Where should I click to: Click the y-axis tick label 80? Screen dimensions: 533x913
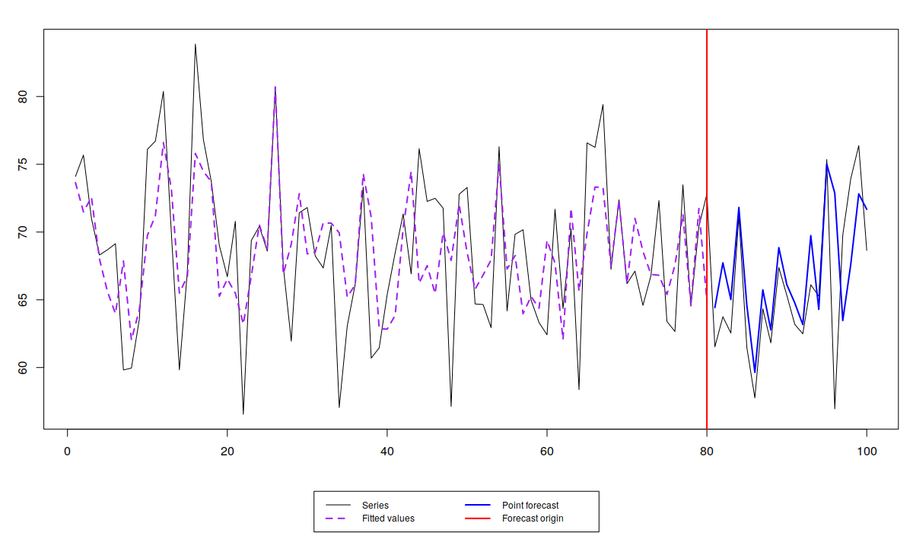click(x=22, y=97)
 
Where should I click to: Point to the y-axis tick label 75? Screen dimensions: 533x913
click(x=22, y=164)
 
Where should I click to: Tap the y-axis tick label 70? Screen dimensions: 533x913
click(x=22, y=232)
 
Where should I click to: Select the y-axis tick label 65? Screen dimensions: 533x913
click(x=22, y=300)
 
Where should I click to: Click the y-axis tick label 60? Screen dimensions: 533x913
click(x=22, y=368)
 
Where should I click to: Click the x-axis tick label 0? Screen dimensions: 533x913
click(x=67, y=452)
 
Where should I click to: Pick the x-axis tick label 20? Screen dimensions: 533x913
click(x=227, y=452)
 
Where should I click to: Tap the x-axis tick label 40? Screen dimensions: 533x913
click(x=387, y=452)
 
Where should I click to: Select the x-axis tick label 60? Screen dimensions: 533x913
click(x=547, y=452)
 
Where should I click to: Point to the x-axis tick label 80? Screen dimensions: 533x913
click(x=707, y=452)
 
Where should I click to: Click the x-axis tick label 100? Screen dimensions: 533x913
click(x=867, y=452)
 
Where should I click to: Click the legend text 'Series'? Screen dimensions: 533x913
click(x=375, y=506)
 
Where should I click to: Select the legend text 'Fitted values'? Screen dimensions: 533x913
click(x=388, y=519)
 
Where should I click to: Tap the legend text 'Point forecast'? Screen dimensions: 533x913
click(x=530, y=506)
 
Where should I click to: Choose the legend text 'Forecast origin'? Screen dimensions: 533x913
click(x=533, y=519)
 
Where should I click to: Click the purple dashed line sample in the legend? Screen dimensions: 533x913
click(x=338, y=519)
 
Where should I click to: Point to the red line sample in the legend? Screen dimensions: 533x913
click(x=478, y=519)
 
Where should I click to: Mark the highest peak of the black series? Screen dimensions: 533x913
click(x=195, y=44)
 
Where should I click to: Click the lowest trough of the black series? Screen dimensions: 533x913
click(x=243, y=414)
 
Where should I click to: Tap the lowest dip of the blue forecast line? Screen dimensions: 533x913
click(x=755, y=372)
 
